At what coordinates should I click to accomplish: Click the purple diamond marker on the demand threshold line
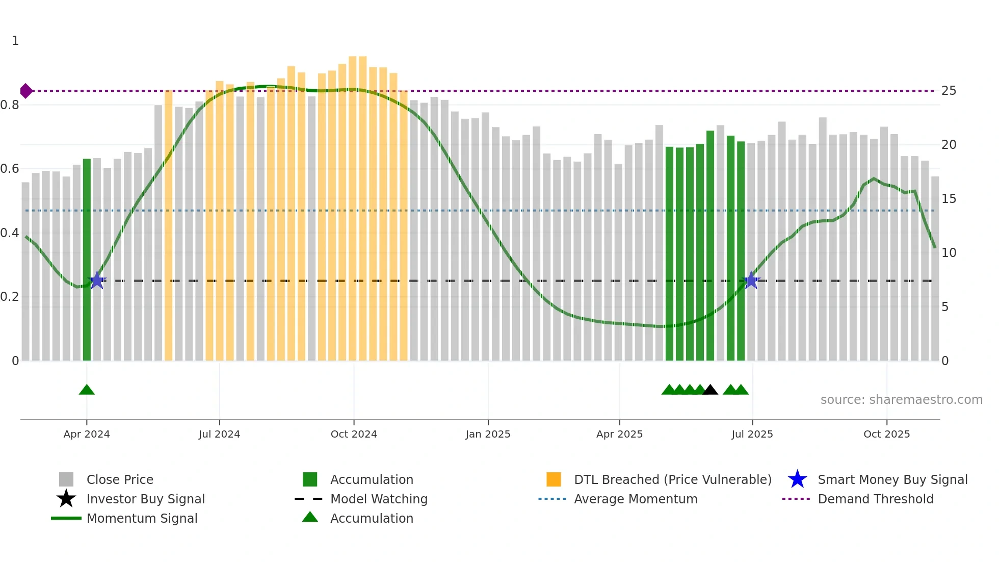click(x=26, y=91)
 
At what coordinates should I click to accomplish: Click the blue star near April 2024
click(x=97, y=280)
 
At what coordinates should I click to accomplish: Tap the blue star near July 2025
click(x=751, y=280)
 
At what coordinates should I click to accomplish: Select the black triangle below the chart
click(x=710, y=390)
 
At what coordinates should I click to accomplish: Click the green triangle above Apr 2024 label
click(x=87, y=390)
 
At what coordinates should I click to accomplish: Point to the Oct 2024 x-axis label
click(x=354, y=434)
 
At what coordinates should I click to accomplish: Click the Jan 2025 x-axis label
click(x=488, y=434)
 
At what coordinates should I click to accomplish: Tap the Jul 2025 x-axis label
click(x=752, y=434)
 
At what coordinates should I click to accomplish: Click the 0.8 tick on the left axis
click(x=10, y=105)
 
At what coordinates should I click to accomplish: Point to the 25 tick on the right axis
click(x=949, y=91)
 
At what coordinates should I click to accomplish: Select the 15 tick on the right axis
click(x=949, y=199)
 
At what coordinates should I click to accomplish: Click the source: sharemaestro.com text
click(x=901, y=400)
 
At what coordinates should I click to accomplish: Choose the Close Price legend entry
click(x=120, y=479)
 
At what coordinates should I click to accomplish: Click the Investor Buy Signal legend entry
click(x=145, y=499)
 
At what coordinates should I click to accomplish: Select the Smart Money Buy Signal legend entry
click(x=892, y=479)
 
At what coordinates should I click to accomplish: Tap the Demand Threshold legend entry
click(x=875, y=499)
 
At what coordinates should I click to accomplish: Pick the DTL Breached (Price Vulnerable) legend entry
click(x=672, y=479)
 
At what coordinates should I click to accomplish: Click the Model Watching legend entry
click(x=379, y=499)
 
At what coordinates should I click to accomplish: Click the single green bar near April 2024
click(x=87, y=260)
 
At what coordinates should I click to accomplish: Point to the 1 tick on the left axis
click(x=15, y=41)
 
